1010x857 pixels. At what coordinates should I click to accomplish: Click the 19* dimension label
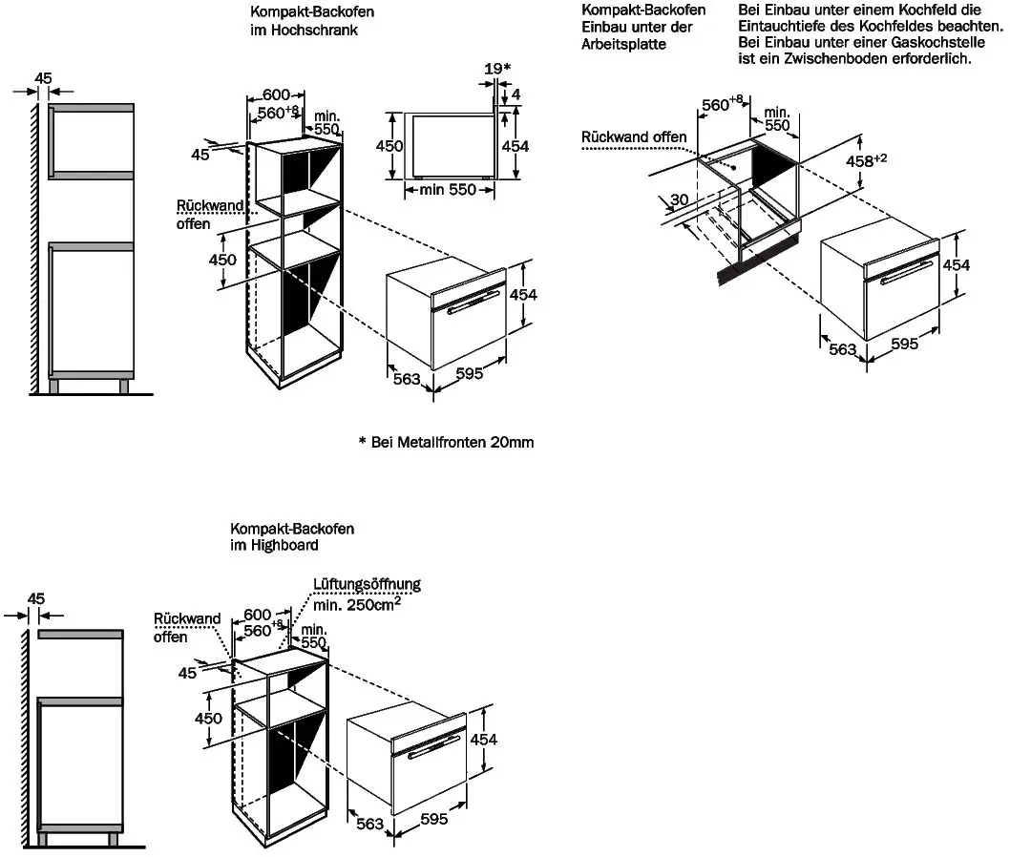[497, 69]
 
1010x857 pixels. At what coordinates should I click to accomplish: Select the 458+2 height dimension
[866, 160]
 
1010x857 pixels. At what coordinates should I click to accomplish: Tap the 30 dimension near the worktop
[679, 199]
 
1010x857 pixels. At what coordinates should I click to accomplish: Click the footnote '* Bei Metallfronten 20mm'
[447, 443]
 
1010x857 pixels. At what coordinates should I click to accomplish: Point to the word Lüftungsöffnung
[367, 584]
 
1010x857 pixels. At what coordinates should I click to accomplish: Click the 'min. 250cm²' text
[357, 604]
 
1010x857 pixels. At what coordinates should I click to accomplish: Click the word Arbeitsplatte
[623, 45]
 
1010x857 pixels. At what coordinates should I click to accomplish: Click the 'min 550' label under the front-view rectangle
[448, 189]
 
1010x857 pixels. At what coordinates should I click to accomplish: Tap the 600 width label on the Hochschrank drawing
[276, 95]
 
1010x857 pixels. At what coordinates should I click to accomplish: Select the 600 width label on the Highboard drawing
[257, 615]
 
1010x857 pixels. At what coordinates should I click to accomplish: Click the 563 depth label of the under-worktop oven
[843, 349]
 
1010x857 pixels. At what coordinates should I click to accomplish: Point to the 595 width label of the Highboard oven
[434, 819]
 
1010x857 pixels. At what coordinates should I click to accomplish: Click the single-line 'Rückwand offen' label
[634, 137]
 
